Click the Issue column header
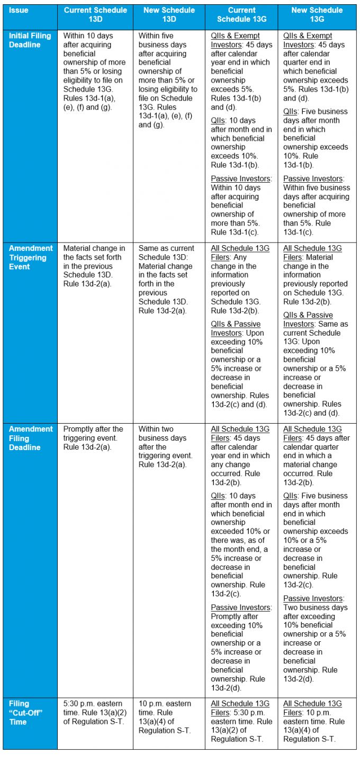pos(19,10)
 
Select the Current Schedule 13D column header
pos(95,14)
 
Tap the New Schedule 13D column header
pos(168,14)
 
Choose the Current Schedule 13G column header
pos(241,14)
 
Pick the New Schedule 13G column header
pos(317,14)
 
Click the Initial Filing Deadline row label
pos(30,40)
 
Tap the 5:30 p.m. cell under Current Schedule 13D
pos(95,712)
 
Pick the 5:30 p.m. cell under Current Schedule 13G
pos(241,721)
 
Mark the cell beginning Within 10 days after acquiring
pos(94,71)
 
